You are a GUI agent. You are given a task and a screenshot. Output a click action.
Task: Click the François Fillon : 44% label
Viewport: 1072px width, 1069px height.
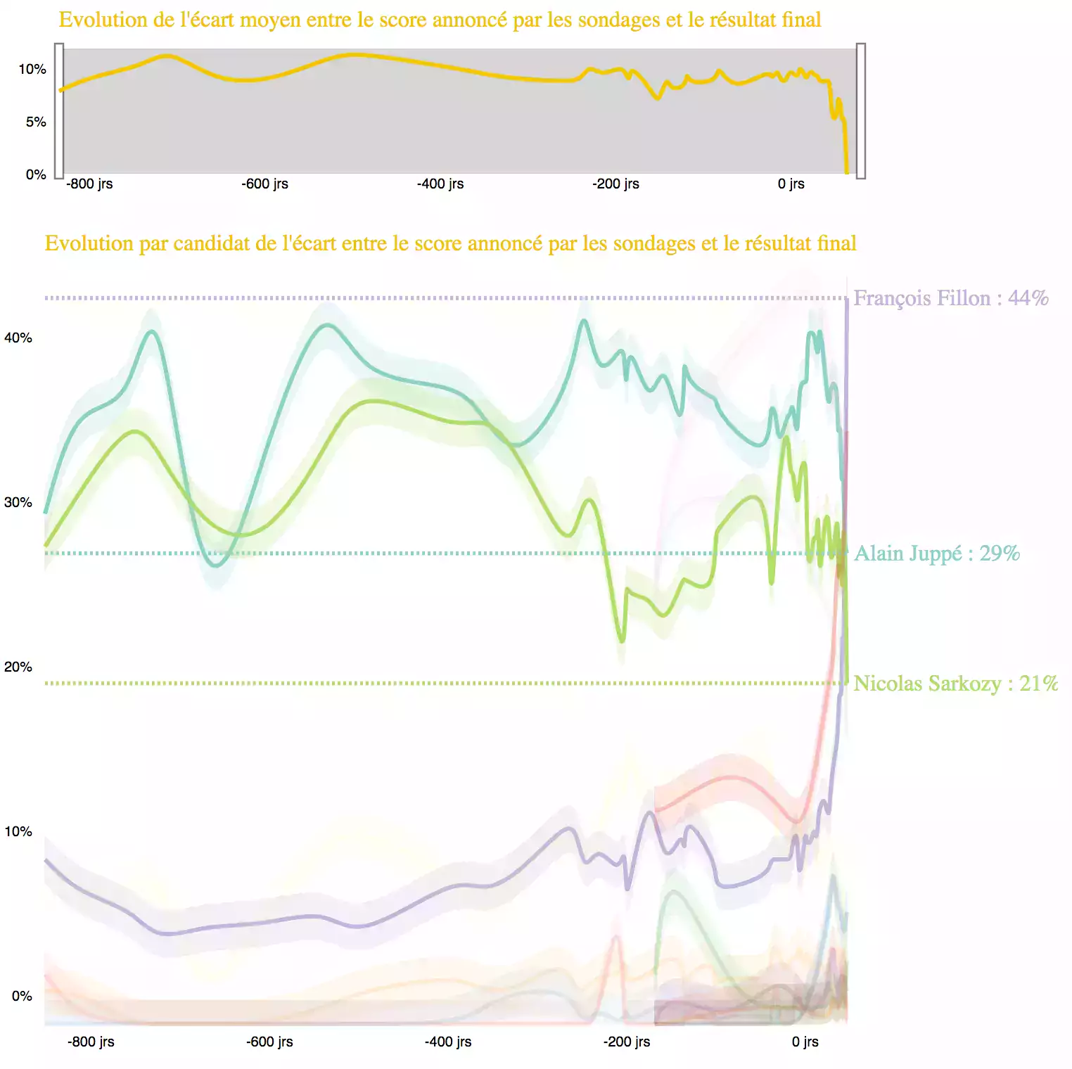coord(950,298)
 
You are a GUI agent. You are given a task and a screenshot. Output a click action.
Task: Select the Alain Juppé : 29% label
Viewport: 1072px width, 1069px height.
coord(936,553)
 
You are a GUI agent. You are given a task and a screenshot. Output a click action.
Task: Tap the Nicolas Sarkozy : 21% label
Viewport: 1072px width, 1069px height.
coord(955,684)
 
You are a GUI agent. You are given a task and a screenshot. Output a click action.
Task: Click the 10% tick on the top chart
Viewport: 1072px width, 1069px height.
coord(32,69)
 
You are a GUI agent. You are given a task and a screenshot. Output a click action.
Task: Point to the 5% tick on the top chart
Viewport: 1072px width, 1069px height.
coord(36,122)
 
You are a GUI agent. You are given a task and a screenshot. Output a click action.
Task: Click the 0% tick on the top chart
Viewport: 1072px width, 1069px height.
coord(36,174)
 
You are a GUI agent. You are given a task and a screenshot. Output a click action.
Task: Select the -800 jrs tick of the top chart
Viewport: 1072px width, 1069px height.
coord(89,184)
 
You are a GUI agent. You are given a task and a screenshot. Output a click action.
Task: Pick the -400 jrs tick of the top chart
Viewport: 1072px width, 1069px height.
coord(440,184)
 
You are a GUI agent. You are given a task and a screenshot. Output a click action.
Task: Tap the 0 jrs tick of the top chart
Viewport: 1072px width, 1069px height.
coord(791,184)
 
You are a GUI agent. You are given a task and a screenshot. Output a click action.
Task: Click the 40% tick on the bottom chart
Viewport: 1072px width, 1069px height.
coord(18,338)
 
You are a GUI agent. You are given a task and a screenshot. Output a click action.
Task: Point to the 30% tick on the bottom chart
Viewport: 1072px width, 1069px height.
coord(18,502)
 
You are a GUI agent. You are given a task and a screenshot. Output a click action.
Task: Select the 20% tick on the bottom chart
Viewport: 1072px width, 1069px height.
coord(18,667)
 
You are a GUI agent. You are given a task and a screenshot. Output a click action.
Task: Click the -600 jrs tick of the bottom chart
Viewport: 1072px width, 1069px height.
coord(269,1042)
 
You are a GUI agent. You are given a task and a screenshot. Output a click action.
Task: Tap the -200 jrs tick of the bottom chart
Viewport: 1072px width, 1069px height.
coord(627,1042)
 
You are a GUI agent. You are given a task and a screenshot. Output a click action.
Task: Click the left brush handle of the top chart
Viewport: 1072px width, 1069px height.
coord(59,110)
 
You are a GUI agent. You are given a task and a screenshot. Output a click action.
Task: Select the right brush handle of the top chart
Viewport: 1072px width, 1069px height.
coord(860,110)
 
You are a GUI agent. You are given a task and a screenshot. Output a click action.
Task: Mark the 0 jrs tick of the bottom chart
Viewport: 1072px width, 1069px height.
coord(805,1042)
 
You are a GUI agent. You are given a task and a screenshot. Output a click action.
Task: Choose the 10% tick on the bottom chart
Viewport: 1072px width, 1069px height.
coord(18,831)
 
